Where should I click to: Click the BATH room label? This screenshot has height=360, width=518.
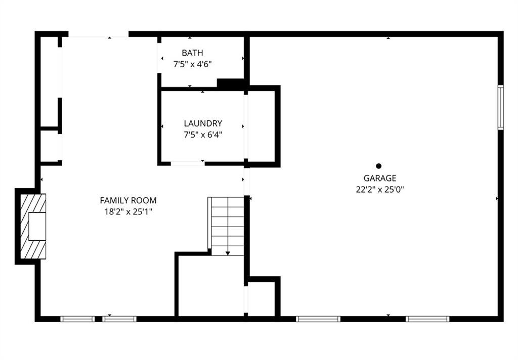[x=192, y=53]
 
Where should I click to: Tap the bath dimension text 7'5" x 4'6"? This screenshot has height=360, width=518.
[x=192, y=64]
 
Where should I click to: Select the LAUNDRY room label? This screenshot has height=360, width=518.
[x=203, y=123]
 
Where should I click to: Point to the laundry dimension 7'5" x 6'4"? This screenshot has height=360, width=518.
[x=203, y=135]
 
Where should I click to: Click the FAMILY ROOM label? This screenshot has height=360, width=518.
[x=128, y=200]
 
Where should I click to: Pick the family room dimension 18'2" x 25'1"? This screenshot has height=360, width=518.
[x=128, y=212]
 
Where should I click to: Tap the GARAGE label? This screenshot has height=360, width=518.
[x=379, y=178]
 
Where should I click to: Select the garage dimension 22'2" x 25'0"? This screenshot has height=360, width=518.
[x=380, y=190]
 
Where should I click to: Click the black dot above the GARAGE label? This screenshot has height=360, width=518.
[x=378, y=166]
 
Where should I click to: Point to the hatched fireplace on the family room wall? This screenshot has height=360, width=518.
[x=33, y=226]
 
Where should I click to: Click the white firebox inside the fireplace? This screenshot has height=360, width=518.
[x=37, y=226]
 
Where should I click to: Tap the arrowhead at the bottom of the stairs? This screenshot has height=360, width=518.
[x=228, y=253]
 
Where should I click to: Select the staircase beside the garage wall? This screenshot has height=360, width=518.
[x=226, y=226]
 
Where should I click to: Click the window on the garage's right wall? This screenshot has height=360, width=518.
[x=501, y=107]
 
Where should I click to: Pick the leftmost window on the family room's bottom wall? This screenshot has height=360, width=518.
[x=77, y=319]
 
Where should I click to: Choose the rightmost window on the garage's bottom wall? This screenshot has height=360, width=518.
[x=427, y=319]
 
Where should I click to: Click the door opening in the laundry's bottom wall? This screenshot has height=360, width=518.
[x=188, y=163]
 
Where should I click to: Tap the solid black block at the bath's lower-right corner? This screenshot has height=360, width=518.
[x=231, y=83]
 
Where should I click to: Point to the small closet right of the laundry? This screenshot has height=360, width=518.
[x=262, y=126]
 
